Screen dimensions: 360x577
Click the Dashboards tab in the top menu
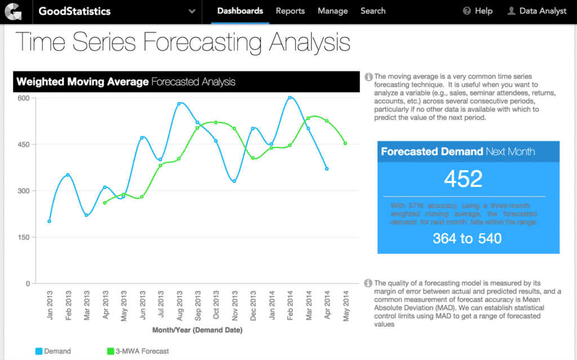240,11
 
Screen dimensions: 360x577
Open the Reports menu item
290,11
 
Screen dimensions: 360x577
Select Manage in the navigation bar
332,11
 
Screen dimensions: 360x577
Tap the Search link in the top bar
373,11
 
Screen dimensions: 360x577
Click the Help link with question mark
477,11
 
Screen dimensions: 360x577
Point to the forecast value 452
463,179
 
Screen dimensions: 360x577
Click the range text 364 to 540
467,238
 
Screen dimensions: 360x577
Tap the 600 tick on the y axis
24,98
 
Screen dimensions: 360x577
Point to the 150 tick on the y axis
24,237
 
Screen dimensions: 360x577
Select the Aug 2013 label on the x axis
179,304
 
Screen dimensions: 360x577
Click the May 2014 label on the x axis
345,304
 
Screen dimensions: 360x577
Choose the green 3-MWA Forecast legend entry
137,351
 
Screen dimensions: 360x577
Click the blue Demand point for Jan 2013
50,221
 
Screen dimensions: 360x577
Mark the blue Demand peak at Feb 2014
290,97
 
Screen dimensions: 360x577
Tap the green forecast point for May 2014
345,144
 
